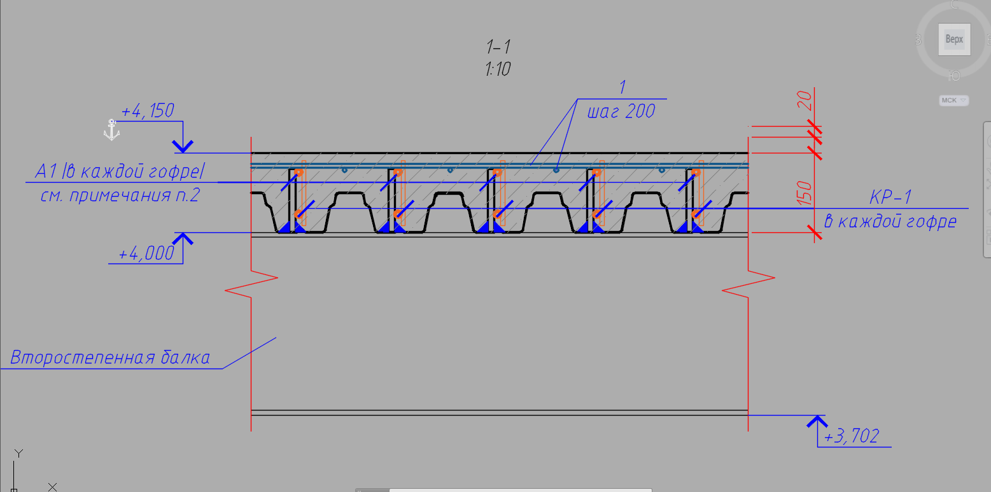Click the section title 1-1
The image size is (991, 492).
click(x=498, y=47)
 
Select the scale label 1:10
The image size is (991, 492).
click(x=498, y=69)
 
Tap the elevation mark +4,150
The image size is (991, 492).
click(x=148, y=111)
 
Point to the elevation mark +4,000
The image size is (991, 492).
click(x=146, y=253)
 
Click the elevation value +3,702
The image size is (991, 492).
click(x=852, y=436)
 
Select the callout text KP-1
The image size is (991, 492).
click(x=890, y=197)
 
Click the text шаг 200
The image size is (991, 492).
click(x=621, y=111)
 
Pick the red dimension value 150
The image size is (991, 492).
click(x=805, y=193)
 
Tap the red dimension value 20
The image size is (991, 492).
click(x=805, y=101)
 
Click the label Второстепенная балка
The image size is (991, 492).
click(x=110, y=358)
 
